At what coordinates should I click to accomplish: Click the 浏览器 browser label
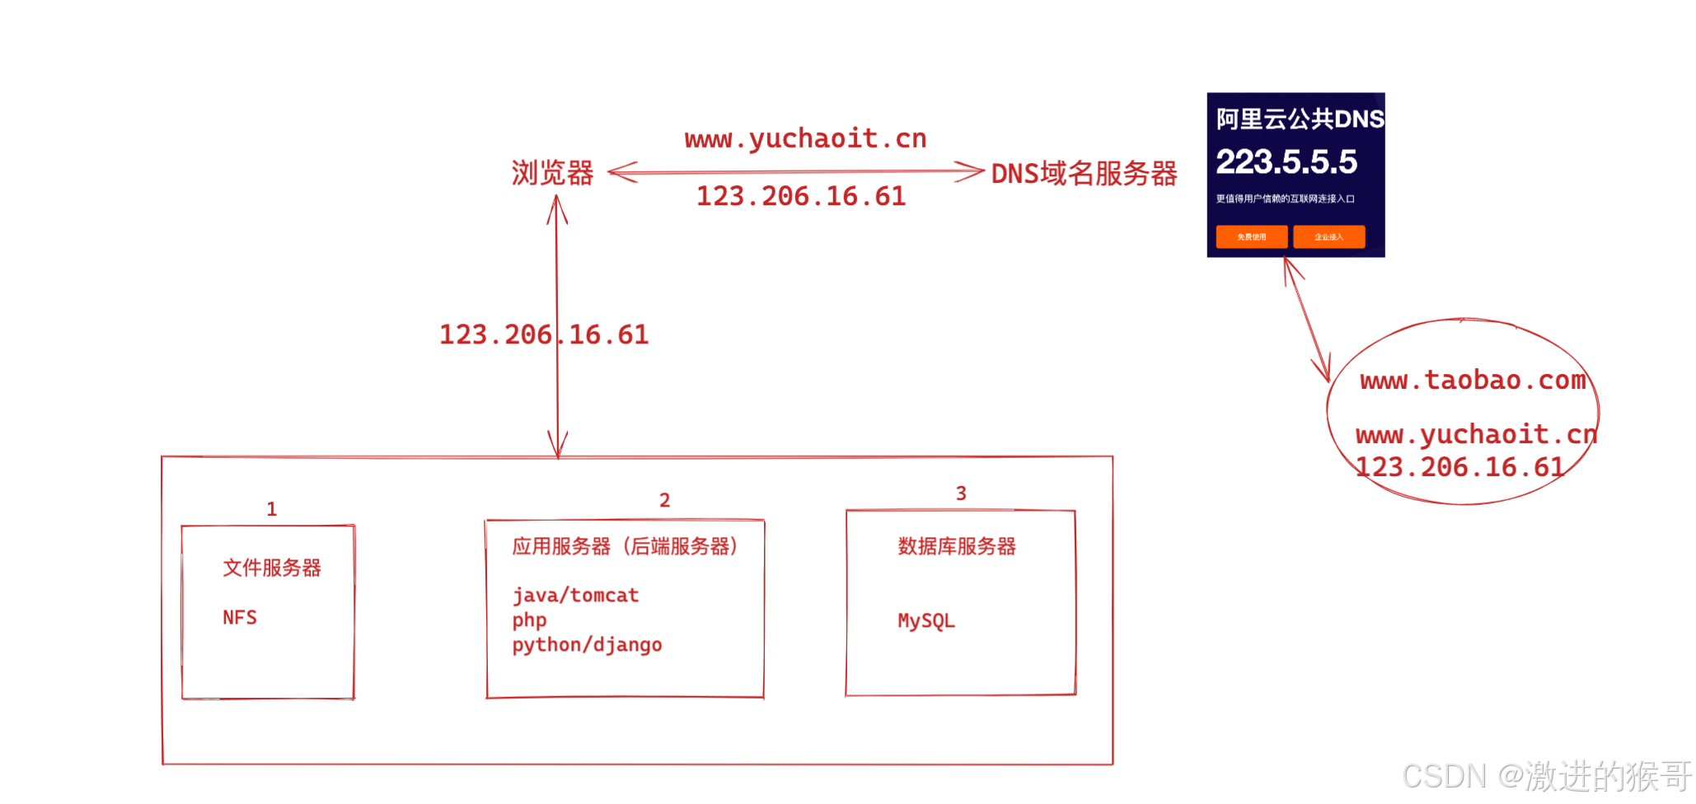coord(552,173)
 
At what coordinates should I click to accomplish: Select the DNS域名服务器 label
coord(1084,174)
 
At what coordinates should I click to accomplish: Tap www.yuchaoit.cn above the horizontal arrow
coord(805,138)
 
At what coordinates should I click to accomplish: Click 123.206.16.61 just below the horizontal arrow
coord(800,196)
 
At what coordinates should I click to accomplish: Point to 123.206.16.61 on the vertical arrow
coord(543,334)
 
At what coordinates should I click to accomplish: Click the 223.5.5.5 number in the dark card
coord(1286,161)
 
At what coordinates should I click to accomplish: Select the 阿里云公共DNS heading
coord(1299,119)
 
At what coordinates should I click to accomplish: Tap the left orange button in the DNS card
coord(1251,237)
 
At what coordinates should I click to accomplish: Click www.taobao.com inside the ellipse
coord(1472,380)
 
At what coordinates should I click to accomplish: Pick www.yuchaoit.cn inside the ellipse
coord(1475,434)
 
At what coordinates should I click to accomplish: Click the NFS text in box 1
coord(240,618)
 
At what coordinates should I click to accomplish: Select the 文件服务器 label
coord(271,568)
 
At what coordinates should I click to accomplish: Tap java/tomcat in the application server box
coord(575,596)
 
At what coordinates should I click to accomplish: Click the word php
coord(529,620)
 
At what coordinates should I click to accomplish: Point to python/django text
coord(587,645)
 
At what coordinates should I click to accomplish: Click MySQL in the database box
coord(926,620)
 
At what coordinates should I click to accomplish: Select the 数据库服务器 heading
coord(956,546)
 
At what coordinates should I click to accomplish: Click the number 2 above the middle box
coord(664,500)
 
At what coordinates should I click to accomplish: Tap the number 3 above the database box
coord(960,493)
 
